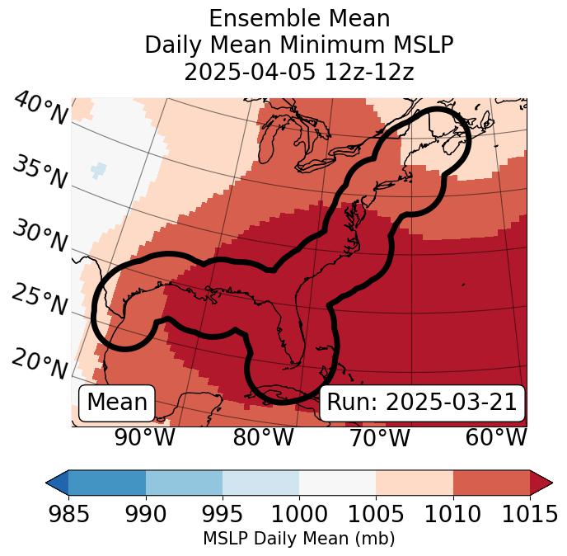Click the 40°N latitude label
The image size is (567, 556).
pyautogui.click(x=40, y=109)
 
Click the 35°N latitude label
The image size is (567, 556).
pyautogui.click(x=40, y=172)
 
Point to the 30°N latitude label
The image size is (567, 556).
pyautogui.click(x=40, y=238)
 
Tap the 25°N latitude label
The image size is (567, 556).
pyautogui.click(x=40, y=300)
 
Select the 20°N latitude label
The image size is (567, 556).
pyautogui.click(x=40, y=364)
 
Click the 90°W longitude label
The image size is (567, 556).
pyautogui.click(x=144, y=437)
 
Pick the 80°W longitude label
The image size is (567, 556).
pyautogui.click(x=263, y=437)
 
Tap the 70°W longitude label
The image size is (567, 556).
pyautogui.click(x=379, y=437)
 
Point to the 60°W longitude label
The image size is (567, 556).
pyautogui.click(x=496, y=437)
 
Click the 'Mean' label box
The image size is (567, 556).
pyautogui.click(x=117, y=403)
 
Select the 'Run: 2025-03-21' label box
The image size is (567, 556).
pyautogui.click(x=422, y=403)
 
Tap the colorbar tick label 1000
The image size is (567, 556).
pyautogui.click(x=298, y=515)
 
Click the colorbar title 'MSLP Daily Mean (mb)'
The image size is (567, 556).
pyautogui.click(x=298, y=540)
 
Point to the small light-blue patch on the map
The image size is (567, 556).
pyautogui.click(x=98, y=170)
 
